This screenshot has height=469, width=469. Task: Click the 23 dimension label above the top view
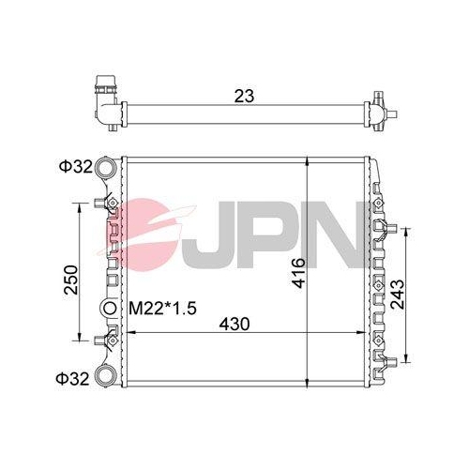click(x=244, y=96)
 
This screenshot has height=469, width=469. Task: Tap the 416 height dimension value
click(x=298, y=273)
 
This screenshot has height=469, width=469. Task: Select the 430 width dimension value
click(x=234, y=324)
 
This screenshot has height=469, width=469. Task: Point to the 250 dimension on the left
click(x=71, y=280)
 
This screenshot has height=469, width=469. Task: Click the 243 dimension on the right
click(x=398, y=294)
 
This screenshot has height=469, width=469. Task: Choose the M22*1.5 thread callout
click(x=162, y=309)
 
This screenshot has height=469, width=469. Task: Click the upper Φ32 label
click(x=76, y=167)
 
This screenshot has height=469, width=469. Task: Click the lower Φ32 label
click(x=72, y=379)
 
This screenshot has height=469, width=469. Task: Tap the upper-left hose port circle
click(x=105, y=167)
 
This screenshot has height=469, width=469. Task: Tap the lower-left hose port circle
click(x=105, y=376)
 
